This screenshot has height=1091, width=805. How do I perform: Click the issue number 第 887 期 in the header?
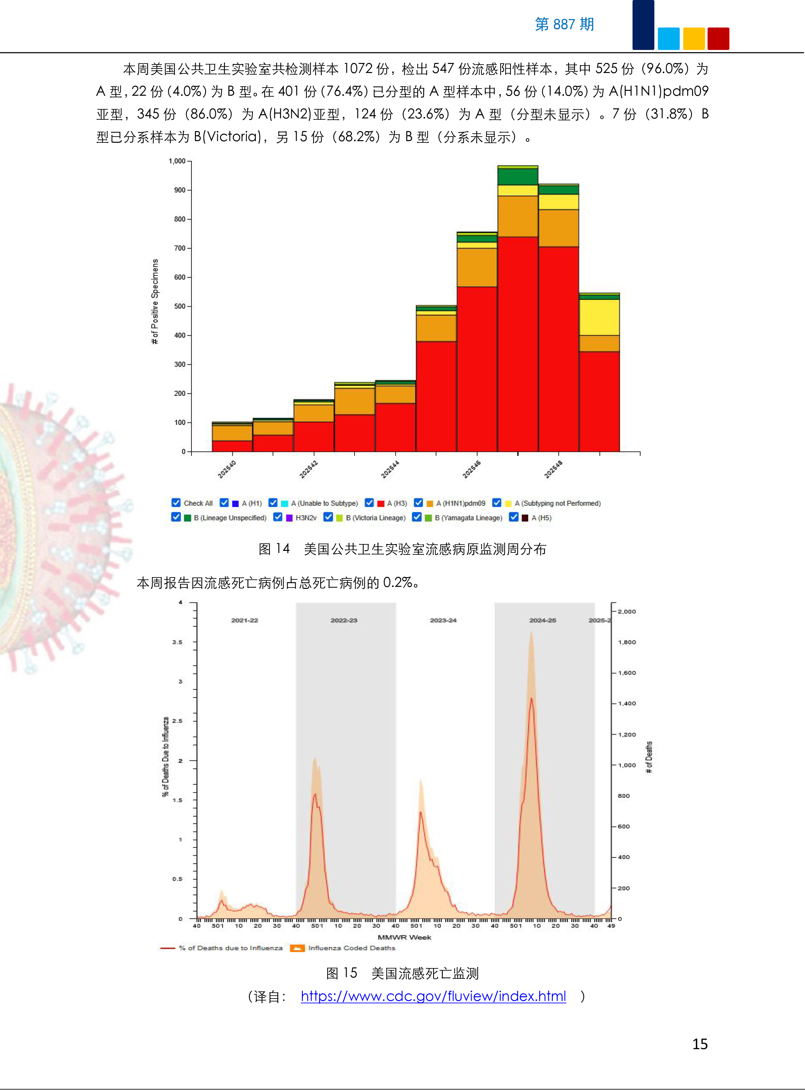[564, 24]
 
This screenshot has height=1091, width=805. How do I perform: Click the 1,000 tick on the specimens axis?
[177, 161]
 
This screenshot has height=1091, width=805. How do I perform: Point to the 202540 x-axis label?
[227, 469]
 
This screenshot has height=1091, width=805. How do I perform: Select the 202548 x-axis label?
[553, 469]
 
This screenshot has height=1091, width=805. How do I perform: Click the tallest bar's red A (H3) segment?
[517, 343]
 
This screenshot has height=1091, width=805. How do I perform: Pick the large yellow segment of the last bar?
[599, 317]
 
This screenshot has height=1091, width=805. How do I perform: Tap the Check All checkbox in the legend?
[176, 503]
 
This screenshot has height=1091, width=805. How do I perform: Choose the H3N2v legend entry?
[305, 518]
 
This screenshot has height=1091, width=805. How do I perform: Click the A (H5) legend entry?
[541, 518]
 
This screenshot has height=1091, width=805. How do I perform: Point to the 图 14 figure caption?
[402, 549]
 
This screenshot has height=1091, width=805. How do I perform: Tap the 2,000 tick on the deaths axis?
[627, 611]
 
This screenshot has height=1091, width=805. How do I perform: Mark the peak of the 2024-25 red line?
[531, 698]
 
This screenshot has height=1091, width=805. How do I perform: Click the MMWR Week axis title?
[404, 937]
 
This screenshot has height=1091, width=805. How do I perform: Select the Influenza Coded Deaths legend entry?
[351, 948]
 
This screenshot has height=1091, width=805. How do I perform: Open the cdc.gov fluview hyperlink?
[433, 996]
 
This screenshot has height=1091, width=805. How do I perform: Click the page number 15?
[700, 1044]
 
